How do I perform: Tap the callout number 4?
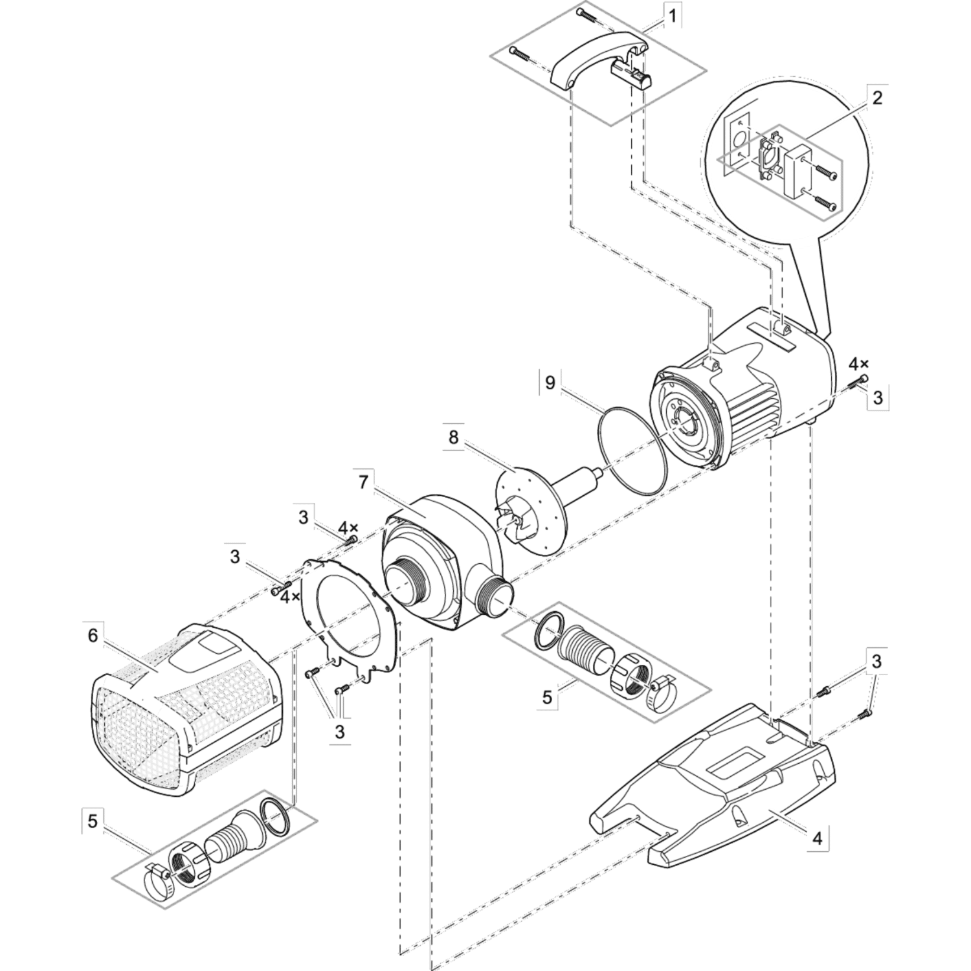coord(818,838)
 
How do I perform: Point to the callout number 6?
coord(93,636)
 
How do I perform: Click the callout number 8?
coord(453,437)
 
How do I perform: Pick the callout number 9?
coord(550,383)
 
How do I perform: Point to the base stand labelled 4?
coord(725,777)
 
